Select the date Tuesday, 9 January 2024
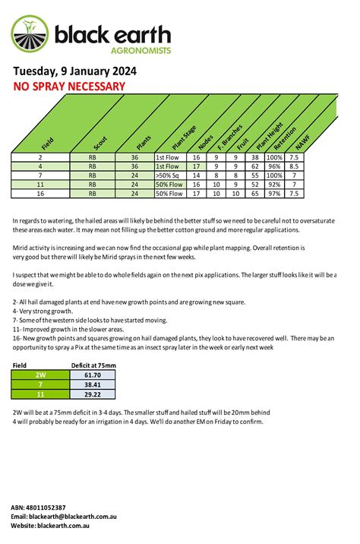point(75,71)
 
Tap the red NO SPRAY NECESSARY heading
point(69,87)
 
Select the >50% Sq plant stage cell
point(169,175)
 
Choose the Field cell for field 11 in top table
point(39,185)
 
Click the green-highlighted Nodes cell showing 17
point(197,165)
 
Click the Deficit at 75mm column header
point(93,365)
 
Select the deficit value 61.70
point(93,375)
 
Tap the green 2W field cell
point(39,375)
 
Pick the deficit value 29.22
point(93,394)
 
